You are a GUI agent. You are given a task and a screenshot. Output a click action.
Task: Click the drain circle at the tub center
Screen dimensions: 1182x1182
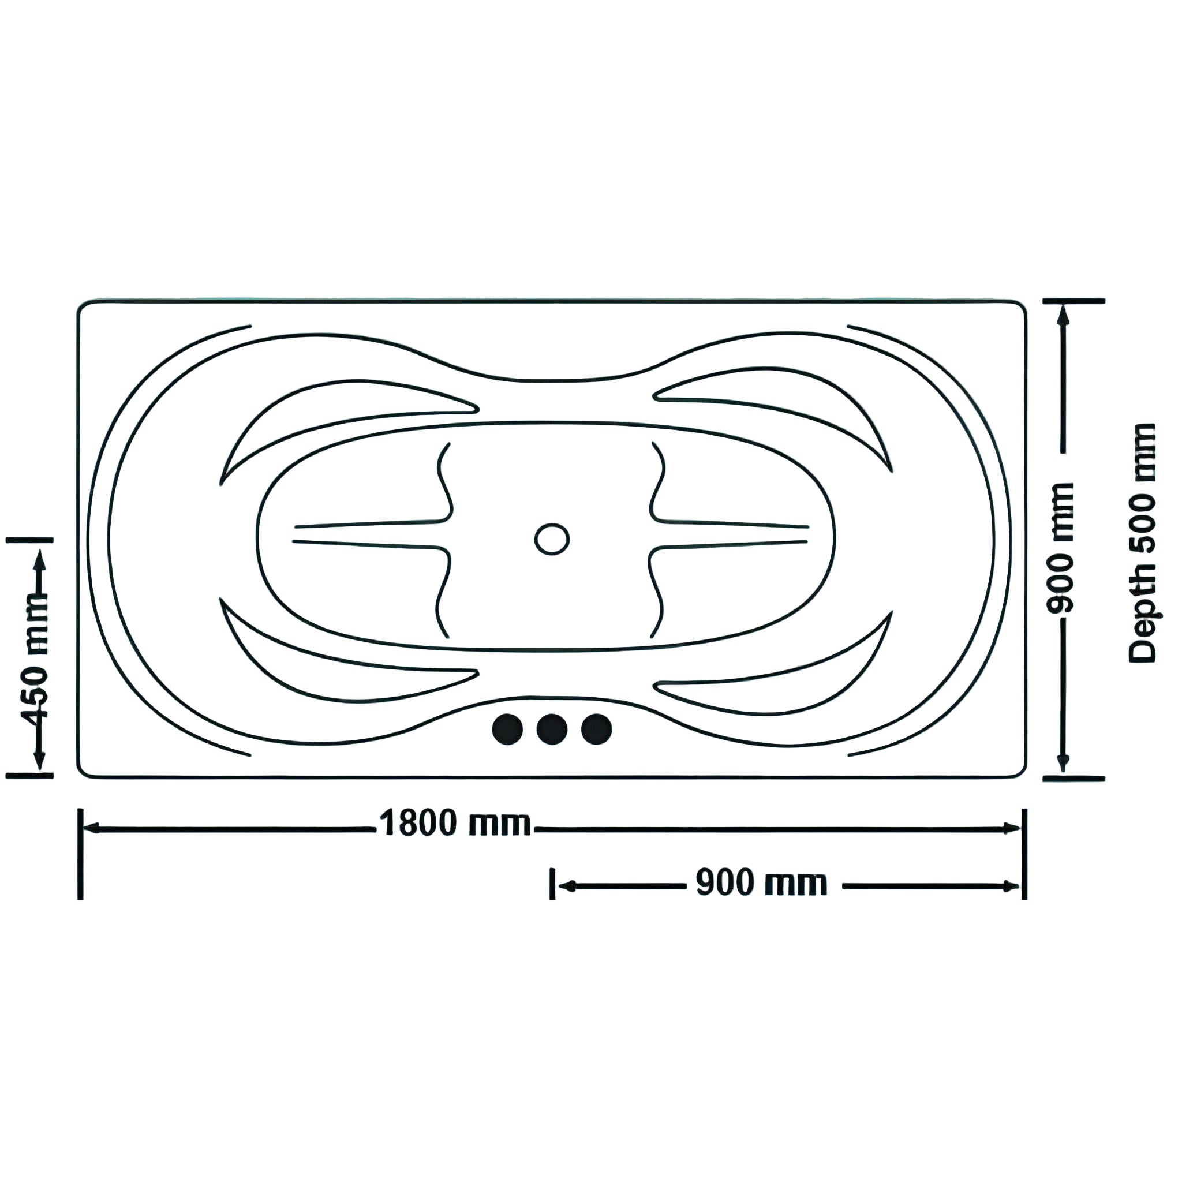[552, 539]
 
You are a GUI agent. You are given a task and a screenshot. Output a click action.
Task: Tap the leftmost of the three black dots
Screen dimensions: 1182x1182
[507, 730]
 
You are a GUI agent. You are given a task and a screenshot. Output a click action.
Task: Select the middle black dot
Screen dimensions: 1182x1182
[552, 730]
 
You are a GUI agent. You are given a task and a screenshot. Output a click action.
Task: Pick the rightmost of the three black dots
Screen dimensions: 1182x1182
[597, 730]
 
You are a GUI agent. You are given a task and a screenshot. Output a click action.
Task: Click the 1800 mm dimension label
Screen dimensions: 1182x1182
[455, 824]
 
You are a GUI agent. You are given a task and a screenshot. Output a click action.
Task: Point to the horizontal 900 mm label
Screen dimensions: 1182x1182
[762, 883]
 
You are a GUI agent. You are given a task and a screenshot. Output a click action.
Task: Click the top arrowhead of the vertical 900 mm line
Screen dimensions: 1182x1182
[1063, 315]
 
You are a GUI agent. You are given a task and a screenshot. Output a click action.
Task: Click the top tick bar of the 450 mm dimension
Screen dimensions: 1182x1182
[29, 540]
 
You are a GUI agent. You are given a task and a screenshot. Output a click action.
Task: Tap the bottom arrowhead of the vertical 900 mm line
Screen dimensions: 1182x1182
[1063, 763]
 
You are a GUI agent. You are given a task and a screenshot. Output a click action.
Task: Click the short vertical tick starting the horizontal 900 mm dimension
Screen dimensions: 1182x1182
[552, 884]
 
